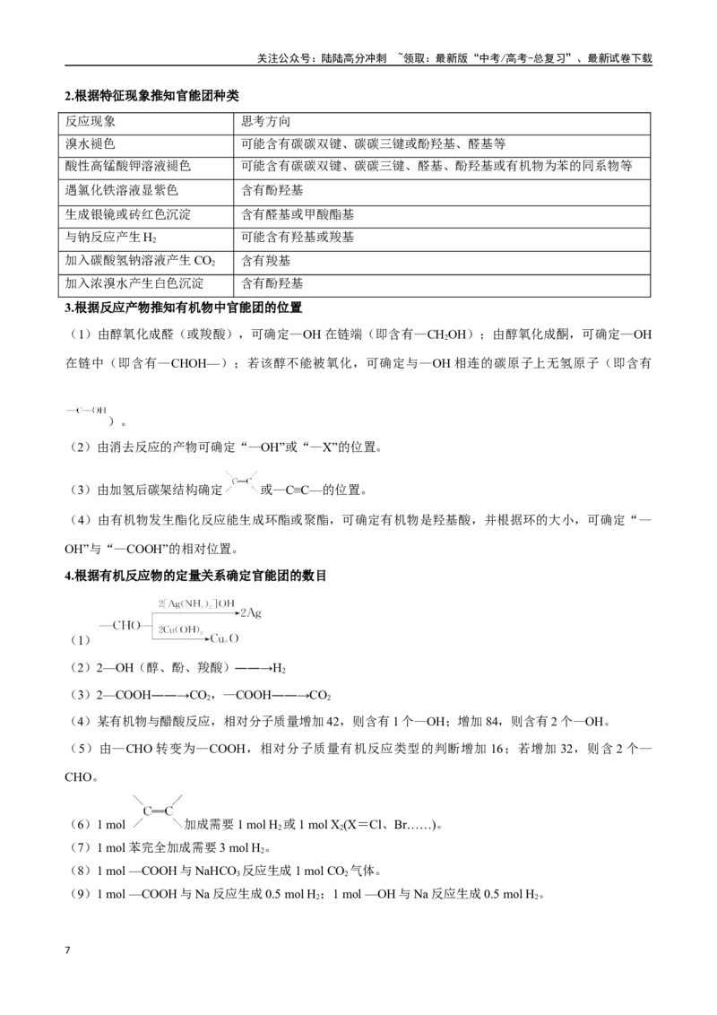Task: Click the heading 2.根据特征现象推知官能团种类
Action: (152, 96)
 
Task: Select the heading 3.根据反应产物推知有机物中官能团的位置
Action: (184, 308)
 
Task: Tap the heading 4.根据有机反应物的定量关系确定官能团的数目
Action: (195, 576)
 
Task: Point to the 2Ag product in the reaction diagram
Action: (251, 612)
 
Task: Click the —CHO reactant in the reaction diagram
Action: (120, 625)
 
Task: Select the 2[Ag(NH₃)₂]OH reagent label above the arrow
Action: (196, 603)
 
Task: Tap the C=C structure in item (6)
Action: (158, 811)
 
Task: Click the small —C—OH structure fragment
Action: (87, 411)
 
